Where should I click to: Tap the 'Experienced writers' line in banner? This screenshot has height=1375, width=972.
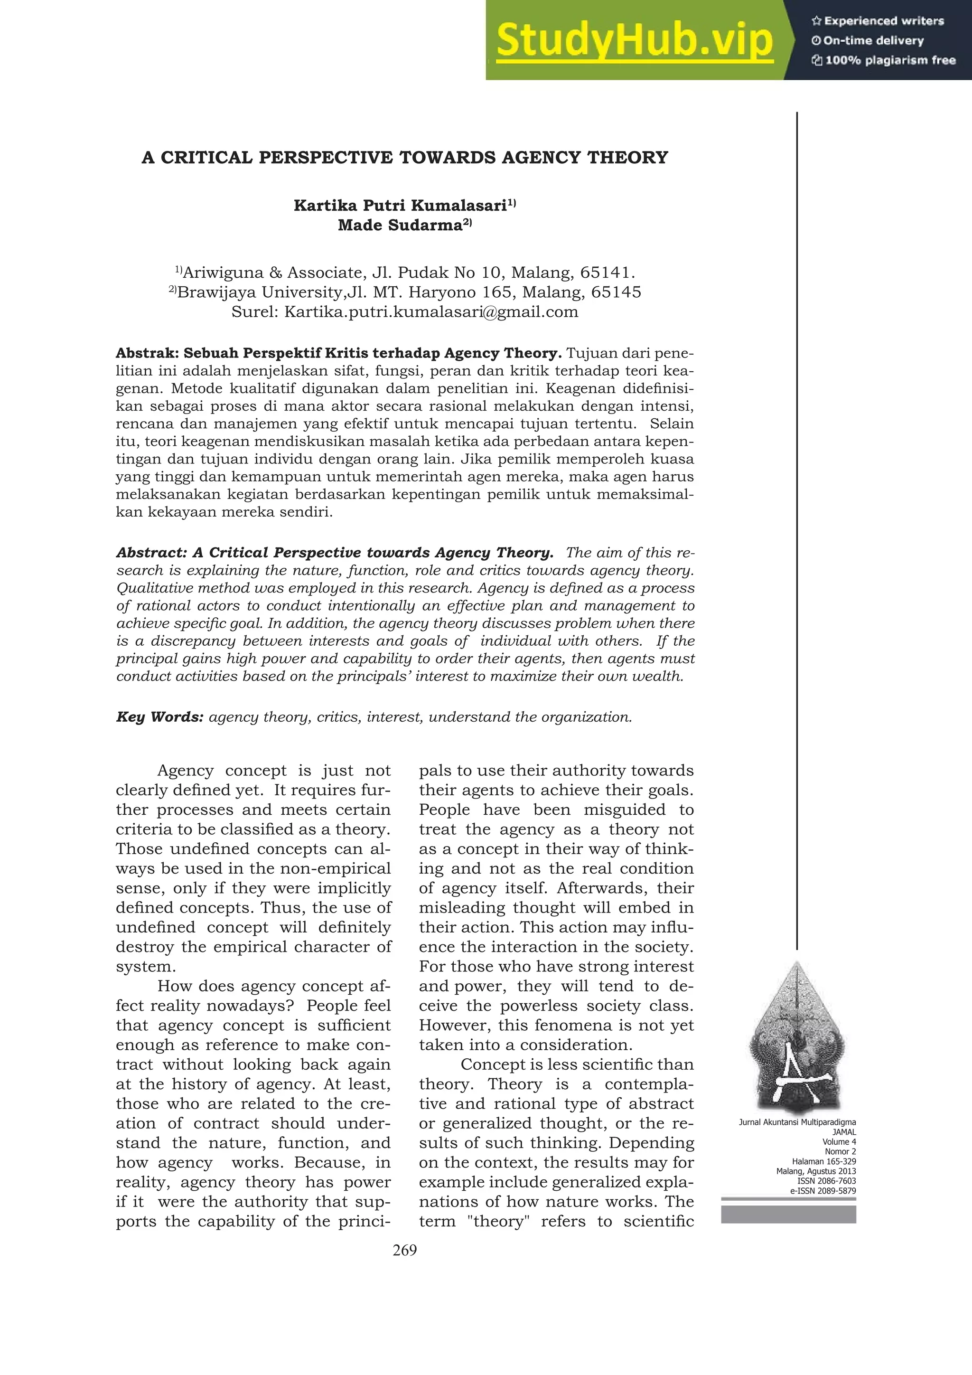(x=878, y=21)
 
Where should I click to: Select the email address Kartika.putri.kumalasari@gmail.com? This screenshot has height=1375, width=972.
(x=431, y=312)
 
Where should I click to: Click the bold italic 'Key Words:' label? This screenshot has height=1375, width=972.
(x=160, y=717)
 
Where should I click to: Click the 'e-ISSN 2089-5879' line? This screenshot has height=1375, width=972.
(x=823, y=1191)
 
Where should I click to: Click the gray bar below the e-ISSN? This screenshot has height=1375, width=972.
(x=788, y=1215)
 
